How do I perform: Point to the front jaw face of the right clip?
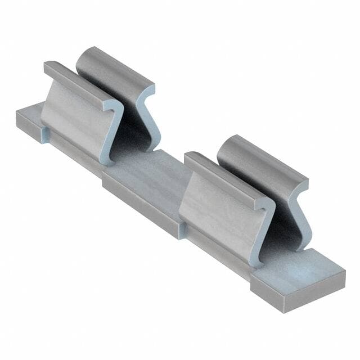[217, 211]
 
